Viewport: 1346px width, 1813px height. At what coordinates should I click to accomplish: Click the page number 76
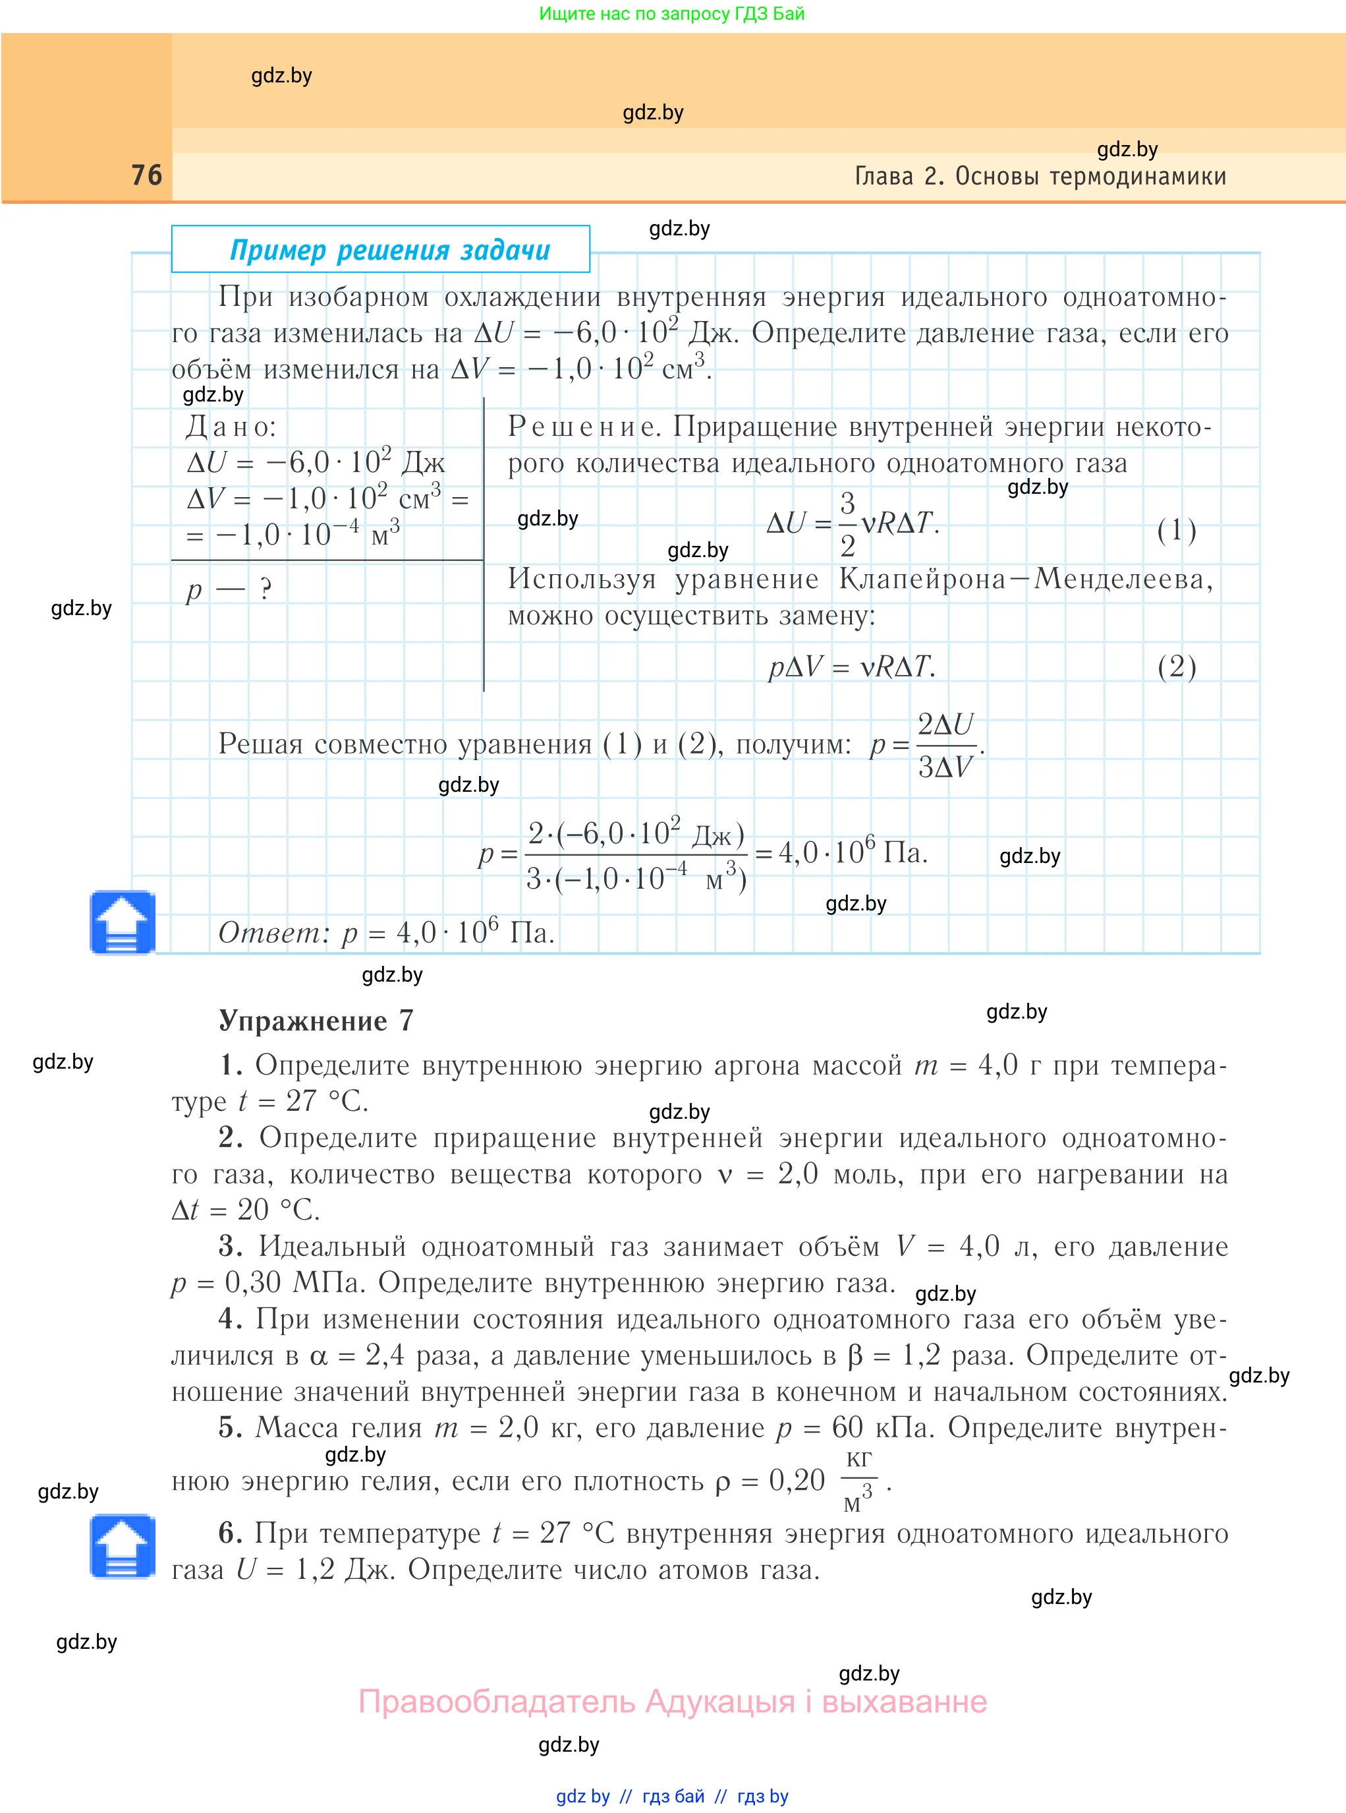pyautogui.click(x=147, y=175)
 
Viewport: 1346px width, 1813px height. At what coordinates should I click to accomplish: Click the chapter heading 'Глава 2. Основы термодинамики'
pyautogui.click(x=1040, y=176)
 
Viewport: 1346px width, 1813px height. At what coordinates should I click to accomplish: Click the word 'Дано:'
pyautogui.click(x=231, y=427)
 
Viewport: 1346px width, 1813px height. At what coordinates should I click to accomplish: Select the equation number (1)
pyautogui.click(x=1177, y=531)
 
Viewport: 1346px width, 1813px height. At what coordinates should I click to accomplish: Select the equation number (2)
pyautogui.click(x=1177, y=667)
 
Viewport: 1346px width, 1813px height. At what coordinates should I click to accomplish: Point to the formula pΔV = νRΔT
pyautogui.click(x=851, y=667)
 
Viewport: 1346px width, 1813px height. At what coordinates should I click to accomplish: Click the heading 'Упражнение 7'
pyautogui.click(x=316, y=1021)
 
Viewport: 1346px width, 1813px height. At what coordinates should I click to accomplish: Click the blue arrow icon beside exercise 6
pyautogui.click(x=123, y=1547)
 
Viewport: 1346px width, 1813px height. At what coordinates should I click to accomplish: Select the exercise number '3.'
pyautogui.click(x=231, y=1247)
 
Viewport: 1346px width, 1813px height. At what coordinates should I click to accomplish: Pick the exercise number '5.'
pyautogui.click(x=231, y=1427)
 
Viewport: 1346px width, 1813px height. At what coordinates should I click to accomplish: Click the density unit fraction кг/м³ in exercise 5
pyautogui.click(x=858, y=1481)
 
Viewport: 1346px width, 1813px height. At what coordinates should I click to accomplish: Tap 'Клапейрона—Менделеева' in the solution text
pyautogui.click(x=1025, y=579)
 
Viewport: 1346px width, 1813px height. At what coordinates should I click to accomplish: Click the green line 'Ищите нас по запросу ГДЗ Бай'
pyautogui.click(x=671, y=14)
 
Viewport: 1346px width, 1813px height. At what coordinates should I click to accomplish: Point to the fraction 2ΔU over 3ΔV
pyautogui.click(x=945, y=745)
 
